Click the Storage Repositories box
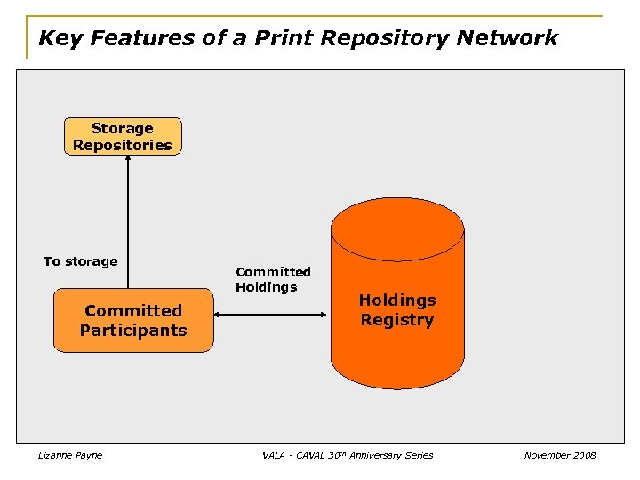click(x=123, y=137)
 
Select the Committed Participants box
click(x=133, y=321)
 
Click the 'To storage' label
click(x=80, y=261)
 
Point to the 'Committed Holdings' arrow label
click(x=273, y=279)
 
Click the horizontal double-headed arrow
click(x=272, y=315)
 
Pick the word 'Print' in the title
click(x=281, y=38)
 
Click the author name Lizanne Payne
click(x=70, y=455)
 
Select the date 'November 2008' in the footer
click(x=560, y=455)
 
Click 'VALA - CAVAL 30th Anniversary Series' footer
click(x=348, y=455)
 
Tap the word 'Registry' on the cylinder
click(x=397, y=320)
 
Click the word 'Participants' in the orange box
click(x=133, y=331)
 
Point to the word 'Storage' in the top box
click(x=123, y=128)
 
